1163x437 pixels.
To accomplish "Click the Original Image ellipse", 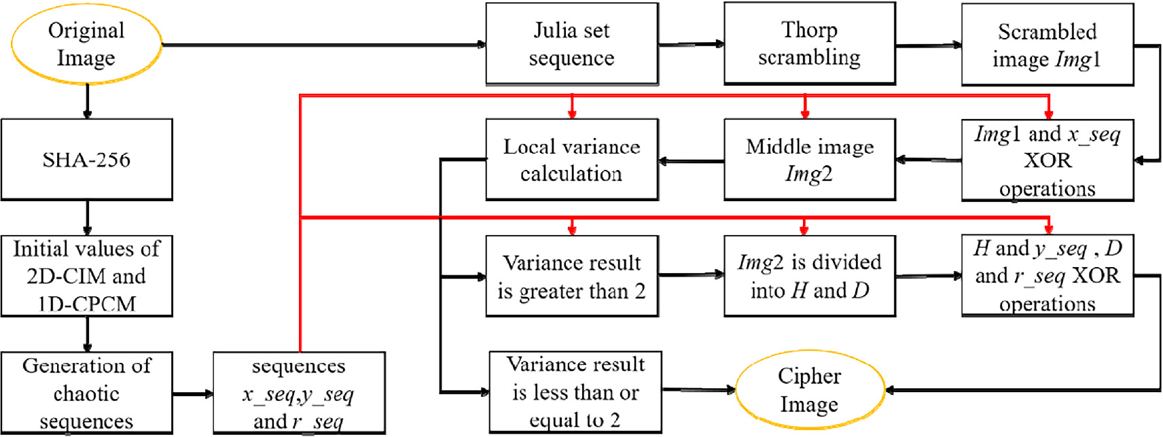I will [x=86, y=44].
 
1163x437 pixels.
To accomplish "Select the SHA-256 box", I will [x=86, y=160].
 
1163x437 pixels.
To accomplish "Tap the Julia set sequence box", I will [x=571, y=44].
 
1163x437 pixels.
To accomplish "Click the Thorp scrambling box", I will [x=809, y=44].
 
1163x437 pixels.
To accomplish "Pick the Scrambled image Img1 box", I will [x=1047, y=45].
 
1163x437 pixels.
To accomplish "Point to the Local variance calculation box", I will [x=571, y=160].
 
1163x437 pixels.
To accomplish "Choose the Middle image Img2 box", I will [x=809, y=160].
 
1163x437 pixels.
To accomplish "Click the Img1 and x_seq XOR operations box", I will [x=1047, y=160].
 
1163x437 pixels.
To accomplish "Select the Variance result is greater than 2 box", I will [x=571, y=276].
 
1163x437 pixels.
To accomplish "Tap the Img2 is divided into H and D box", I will [x=809, y=276].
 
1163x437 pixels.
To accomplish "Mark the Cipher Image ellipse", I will [x=809, y=390].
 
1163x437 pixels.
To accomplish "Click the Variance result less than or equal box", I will [x=575, y=392].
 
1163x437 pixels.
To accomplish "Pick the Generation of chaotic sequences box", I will [x=86, y=393].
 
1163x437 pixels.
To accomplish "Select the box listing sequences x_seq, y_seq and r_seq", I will [x=299, y=393].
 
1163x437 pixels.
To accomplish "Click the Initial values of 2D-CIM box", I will [x=86, y=276].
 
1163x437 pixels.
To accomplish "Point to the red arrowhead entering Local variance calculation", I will [x=572, y=113].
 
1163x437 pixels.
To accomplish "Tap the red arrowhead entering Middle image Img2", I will [x=805, y=113].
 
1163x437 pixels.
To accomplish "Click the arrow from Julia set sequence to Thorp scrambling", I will [x=690, y=44].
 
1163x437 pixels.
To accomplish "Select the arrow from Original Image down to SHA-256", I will [x=87, y=101].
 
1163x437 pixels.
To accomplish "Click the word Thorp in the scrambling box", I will [x=808, y=31].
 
